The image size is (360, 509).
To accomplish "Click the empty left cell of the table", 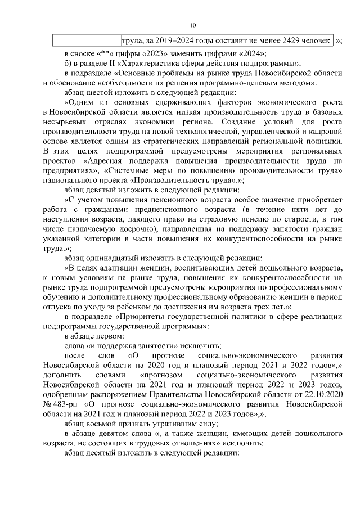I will [x=87, y=41].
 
